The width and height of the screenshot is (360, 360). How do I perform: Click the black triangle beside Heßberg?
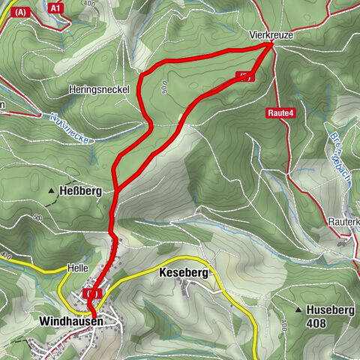(52, 191)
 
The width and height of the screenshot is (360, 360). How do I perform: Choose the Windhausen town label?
(70, 321)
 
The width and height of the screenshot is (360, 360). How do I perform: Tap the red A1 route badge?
(55, 7)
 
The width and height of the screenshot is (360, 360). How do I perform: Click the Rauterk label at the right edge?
(343, 223)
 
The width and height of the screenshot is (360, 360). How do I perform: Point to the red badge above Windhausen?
(93, 292)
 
